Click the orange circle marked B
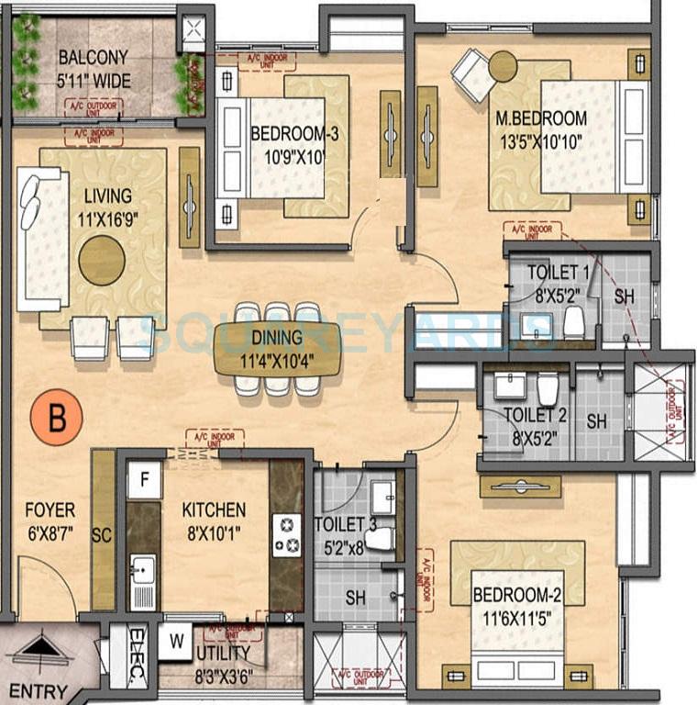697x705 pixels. tap(57, 418)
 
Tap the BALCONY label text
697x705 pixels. tap(93, 56)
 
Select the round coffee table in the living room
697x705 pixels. tap(101, 260)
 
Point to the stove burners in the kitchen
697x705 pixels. tap(286, 535)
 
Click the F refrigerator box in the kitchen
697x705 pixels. tap(144, 479)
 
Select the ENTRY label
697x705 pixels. tap(45, 690)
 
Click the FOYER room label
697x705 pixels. tap(50, 510)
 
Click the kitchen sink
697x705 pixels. tap(142, 573)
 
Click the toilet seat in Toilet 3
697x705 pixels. tap(382, 538)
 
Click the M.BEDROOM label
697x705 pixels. tap(541, 118)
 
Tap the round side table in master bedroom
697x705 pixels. tap(503, 65)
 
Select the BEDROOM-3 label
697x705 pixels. tap(294, 134)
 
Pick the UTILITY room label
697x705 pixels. tap(223, 653)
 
